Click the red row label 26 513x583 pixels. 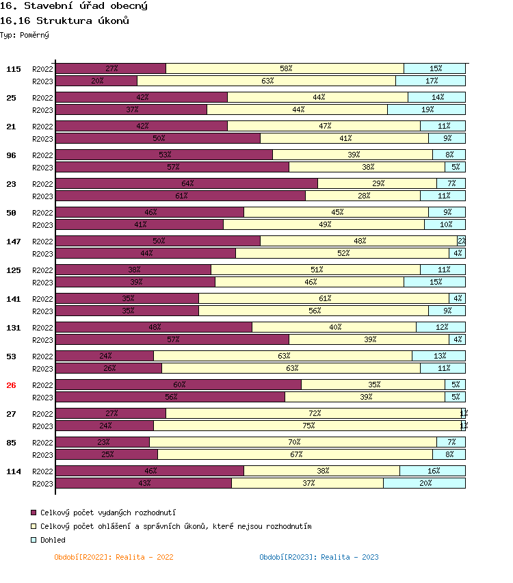[x=11, y=385]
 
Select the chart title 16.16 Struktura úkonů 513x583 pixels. [x=65, y=21]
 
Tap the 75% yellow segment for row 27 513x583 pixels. [x=308, y=426]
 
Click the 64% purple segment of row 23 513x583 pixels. [x=187, y=183]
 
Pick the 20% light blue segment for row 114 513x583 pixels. [x=424, y=483]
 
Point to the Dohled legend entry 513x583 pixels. [x=53, y=540]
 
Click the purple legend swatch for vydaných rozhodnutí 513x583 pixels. [x=33, y=513]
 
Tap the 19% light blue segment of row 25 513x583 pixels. [x=426, y=109]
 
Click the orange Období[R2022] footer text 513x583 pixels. [x=114, y=557]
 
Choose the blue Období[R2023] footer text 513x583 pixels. [x=319, y=557]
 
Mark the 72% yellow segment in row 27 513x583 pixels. [x=313, y=413]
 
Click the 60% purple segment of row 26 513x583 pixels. [x=179, y=385]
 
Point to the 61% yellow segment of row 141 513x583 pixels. [x=324, y=298]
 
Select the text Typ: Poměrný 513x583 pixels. [x=25, y=34]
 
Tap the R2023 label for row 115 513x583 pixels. [x=42, y=81]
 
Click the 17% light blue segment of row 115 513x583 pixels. [x=430, y=81]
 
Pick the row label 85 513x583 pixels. [x=11, y=443]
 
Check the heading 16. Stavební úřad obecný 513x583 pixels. [x=74, y=6]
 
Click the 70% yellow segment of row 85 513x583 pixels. [x=293, y=442]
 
